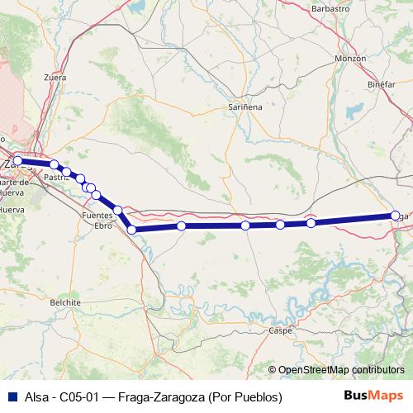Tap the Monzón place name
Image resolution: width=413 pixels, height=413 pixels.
350,59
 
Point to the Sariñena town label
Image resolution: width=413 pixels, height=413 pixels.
247,107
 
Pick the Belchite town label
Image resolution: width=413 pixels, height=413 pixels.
65,302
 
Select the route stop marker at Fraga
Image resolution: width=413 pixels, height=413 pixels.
396,216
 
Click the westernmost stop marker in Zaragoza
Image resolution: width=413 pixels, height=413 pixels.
17,160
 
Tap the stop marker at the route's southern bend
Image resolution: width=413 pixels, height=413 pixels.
131,229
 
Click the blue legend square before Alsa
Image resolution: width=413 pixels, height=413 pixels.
9,396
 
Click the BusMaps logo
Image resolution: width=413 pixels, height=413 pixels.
373,396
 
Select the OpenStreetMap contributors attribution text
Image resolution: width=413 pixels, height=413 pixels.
341,370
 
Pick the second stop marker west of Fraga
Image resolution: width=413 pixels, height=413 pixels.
280,225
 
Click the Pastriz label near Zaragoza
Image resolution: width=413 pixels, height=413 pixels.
56,176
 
